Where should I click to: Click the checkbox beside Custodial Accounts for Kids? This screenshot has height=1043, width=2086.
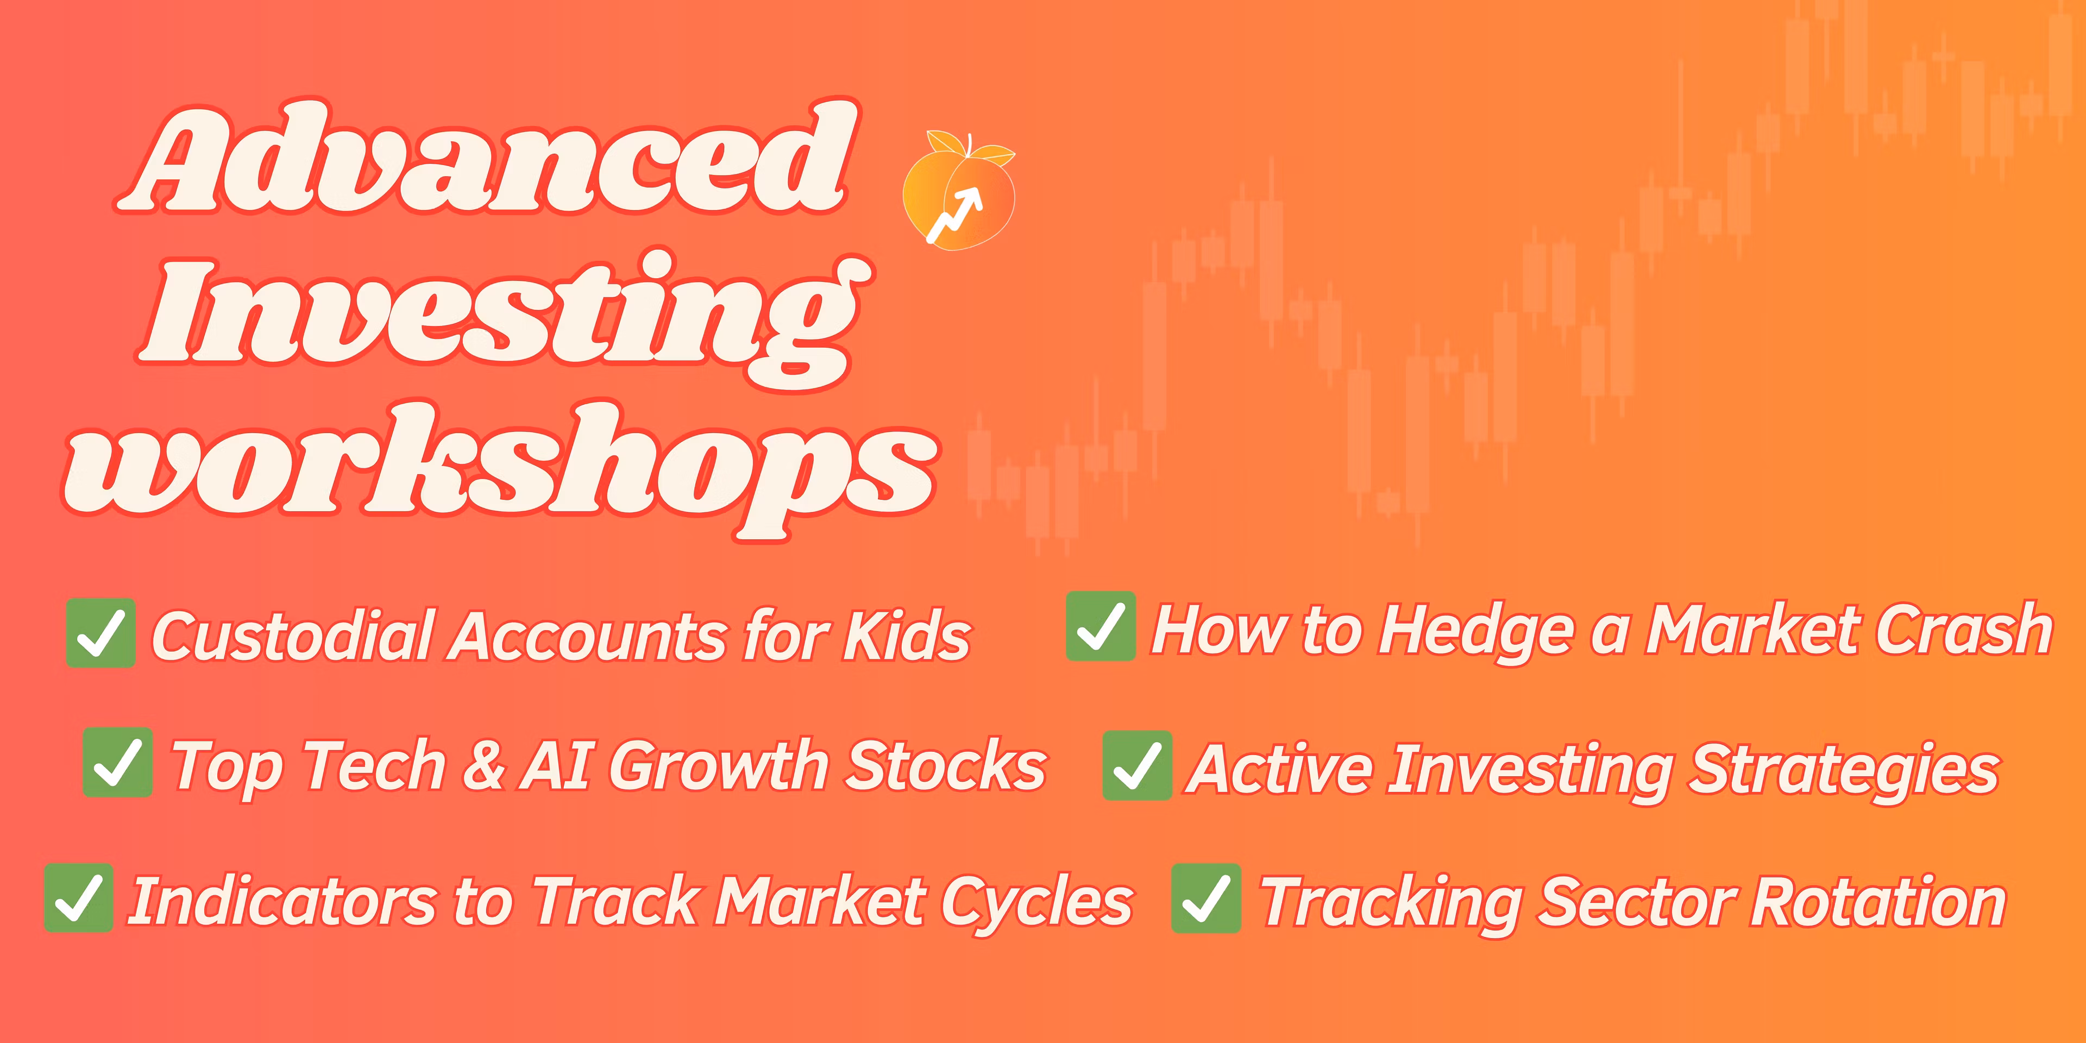tap(100, 633)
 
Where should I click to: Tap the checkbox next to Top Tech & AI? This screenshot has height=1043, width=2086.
tap(117, 762)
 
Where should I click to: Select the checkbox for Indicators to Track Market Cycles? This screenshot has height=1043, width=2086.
tap(79, 898)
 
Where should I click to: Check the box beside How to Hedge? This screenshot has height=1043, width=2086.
tap(1101, 626)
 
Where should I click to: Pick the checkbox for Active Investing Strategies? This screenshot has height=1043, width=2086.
tap(1137, 765)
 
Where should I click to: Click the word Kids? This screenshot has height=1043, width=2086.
tap(907, 635)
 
